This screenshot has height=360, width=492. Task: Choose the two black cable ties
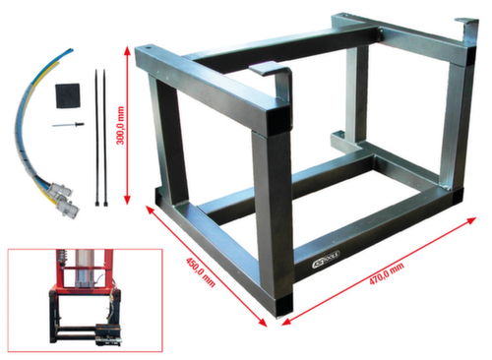pos(98,138)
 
